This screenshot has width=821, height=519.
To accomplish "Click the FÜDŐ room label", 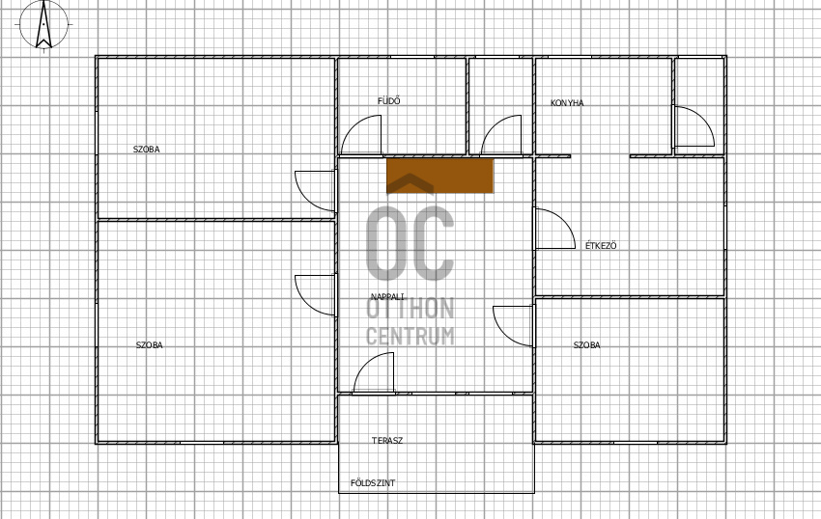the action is pos(389,101).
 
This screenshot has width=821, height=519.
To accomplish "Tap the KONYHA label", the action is pos(567,103).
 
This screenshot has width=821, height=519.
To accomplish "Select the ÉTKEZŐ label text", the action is pos(601,245).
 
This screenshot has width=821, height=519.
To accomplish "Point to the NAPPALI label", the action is pos(387,297).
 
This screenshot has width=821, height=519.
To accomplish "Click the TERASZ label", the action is pos(387,441).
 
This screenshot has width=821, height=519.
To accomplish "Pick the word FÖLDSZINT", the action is pos(373,483).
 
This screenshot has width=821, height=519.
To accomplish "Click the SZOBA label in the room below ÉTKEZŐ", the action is pos(587,345).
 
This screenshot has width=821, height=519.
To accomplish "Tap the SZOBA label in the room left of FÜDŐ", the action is pos(147,150).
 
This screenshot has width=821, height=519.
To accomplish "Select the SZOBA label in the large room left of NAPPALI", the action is pos(149,345).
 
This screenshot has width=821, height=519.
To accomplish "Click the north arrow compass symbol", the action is pos(44,24).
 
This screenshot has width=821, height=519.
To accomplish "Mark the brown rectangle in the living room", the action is pos(439,176).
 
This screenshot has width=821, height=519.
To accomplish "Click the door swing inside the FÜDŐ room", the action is pos(361,135).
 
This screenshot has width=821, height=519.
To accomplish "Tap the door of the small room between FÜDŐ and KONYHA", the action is pos(501,135).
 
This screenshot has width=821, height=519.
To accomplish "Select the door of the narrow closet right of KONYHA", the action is pos(694,126).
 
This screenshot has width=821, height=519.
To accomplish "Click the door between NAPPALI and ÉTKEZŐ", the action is pos(555,229).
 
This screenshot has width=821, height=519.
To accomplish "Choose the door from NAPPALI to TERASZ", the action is pos(374,372).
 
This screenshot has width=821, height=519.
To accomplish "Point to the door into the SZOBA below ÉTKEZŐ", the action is pos(513,326).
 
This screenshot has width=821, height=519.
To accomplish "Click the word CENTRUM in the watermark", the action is pos(410,336).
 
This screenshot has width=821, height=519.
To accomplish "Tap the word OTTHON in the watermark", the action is pos(410,308).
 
